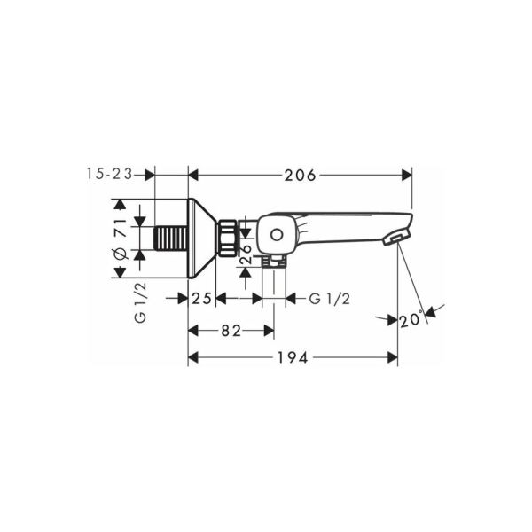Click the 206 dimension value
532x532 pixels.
click(300, 176)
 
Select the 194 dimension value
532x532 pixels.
click(293, 357)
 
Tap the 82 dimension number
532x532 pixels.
click(231, 331)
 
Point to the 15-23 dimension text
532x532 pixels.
click(109, 174)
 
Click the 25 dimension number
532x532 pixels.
click(202, 299)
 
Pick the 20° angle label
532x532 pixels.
click(411, 319)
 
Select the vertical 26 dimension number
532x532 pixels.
click(246, 254)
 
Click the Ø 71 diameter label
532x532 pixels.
click(120, 239)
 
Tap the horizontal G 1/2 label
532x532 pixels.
click(330, 299)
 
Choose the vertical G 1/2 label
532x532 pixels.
click(140, 302)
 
